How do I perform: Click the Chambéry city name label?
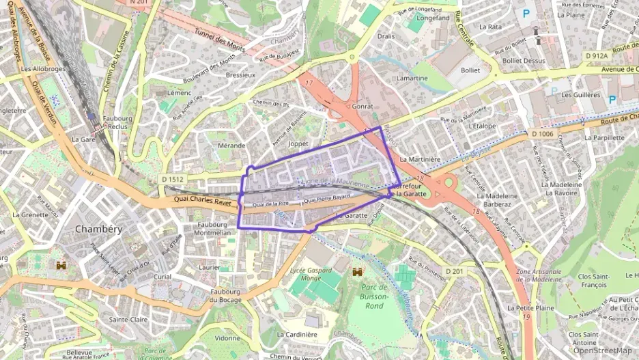click(98, 229)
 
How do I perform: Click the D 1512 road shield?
click(173, 179)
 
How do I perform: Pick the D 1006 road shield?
click(542, 134)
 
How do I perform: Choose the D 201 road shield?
click(454, 272)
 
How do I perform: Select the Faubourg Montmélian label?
click(212, 228)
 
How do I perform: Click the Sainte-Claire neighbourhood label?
click(129, 319)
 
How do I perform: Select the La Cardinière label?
click(298, 334)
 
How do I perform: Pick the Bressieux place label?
click(240, 74)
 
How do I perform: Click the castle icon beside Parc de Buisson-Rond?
click(356, 272)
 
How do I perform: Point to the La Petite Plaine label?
click(530, 308)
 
